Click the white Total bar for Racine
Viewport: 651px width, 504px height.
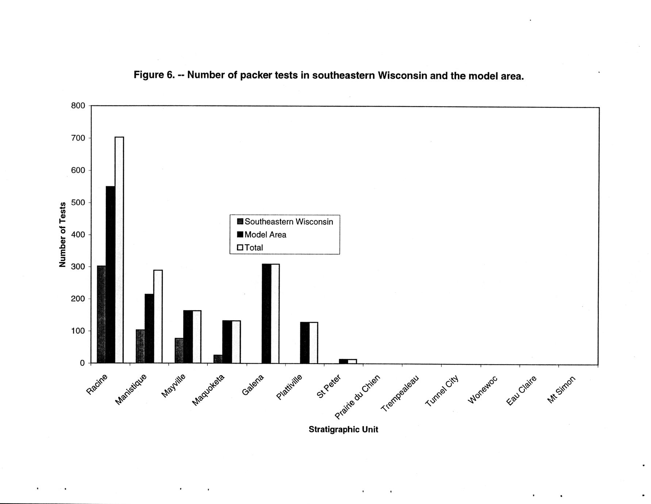pos(119,250)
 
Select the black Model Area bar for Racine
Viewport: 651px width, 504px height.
pos(110,275)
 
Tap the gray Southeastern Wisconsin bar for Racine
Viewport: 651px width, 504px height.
pos(102,314)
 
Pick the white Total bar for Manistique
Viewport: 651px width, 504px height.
pos(158,316)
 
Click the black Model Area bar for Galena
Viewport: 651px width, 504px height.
pos(267,313)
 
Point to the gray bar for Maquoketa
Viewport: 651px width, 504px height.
pos(218,359)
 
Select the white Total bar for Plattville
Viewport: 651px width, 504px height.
pos(314,343)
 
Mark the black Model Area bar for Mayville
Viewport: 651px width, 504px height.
pos(188,337)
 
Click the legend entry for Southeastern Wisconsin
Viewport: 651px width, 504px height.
pos(285,222)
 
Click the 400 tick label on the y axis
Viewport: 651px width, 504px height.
pos(78,234)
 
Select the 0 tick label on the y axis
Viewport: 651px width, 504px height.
pos(82,363)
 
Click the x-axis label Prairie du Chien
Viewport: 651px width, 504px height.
pos(358,397)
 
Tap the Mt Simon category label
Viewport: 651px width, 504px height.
pos(561,389)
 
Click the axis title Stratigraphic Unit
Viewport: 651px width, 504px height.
pos(343,429)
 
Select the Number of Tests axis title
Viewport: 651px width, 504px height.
pos(62,234)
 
